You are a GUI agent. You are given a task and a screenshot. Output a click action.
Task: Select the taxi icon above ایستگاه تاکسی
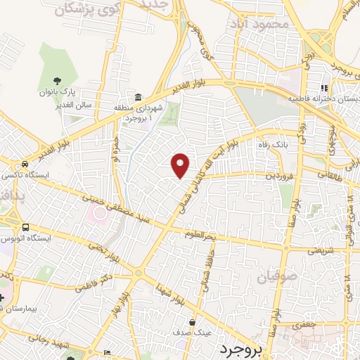[25, 164]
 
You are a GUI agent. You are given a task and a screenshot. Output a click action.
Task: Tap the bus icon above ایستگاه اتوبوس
[26, 227]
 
